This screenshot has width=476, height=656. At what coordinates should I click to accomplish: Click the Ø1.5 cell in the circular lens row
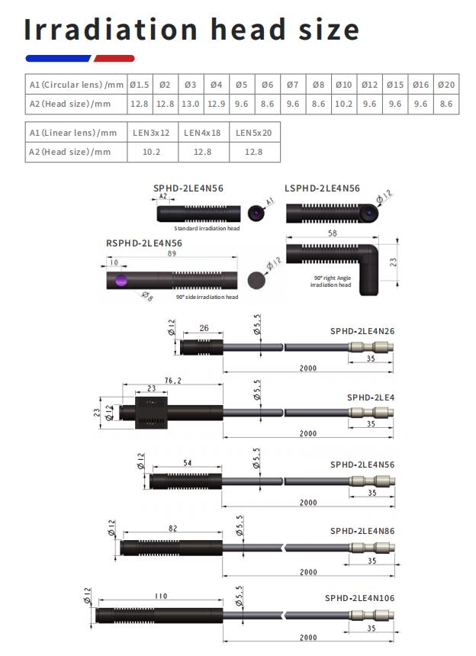pyautogui.click(x=140, y=85)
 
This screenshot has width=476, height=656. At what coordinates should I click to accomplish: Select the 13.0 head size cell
pyautogui.click(x=190, y=104)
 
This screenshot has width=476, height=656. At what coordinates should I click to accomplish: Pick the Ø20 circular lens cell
pyautogui.click(x=446, y=85)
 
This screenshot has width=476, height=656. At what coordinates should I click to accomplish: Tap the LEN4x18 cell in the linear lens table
pyautogui.click(x=202, y=133)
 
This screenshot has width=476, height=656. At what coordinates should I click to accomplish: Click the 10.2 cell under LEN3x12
pyautogui.click(x=151, y=152)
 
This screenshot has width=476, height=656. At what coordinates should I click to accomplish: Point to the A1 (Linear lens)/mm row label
pyautogui.click(x=73, y=133)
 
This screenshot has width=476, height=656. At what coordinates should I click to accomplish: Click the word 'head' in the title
pyautogui.click(x=249, y=29)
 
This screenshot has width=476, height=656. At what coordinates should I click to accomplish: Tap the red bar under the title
pyautogui.click(x=114, y=59)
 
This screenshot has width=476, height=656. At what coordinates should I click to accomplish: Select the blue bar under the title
pyautogui.click(x=58, y=59)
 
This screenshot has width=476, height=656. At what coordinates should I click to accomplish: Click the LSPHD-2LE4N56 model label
pyautogui.click(x=322, y=188)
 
